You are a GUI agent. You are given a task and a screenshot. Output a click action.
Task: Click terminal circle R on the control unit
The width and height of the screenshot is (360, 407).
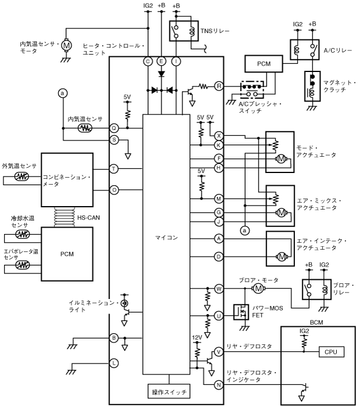[x=219, y=86]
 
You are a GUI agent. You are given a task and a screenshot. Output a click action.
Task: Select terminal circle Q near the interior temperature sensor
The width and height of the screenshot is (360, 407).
[x=114, y=128]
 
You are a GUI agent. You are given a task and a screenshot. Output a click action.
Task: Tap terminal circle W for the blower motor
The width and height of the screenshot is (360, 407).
[x=219, y=288]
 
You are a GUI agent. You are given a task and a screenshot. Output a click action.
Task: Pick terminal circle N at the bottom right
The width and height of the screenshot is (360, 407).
[x=219, y=384]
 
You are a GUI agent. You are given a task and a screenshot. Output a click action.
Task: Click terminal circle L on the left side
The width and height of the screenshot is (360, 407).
[x=114, y=363]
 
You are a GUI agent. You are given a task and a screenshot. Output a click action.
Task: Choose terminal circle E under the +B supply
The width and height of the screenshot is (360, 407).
[x=161, y=61]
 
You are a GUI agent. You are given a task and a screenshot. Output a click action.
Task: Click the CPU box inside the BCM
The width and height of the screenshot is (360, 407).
[x=331, y=351]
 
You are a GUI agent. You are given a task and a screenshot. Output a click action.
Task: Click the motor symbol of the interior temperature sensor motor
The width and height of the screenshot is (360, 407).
[x=66, y=44]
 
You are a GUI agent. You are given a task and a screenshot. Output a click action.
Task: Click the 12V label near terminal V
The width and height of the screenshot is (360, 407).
[x=197, y=337]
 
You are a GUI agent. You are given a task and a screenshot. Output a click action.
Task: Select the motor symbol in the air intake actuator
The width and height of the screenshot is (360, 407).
[x=282, y=256]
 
